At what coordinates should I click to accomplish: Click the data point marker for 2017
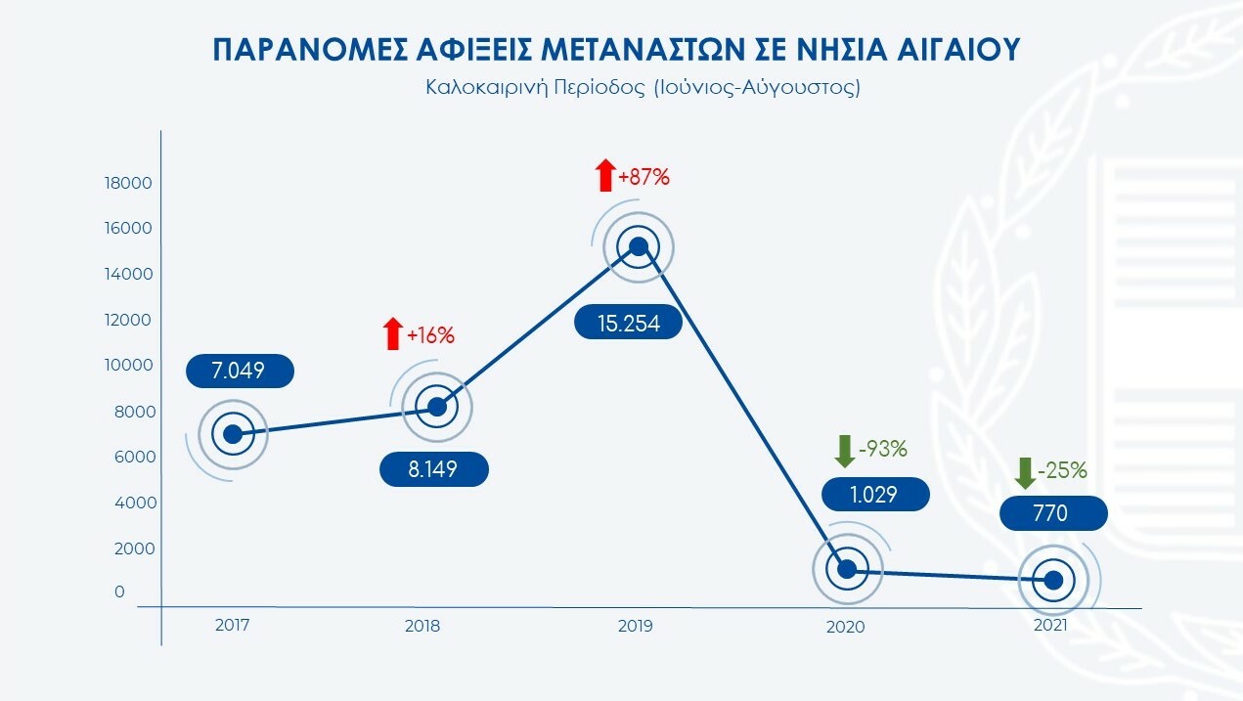tap(233, 434)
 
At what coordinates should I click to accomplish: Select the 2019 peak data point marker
tap(639, 246)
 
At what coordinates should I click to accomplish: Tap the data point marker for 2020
tap(847, 569)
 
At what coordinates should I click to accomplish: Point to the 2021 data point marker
tap(1054, 580)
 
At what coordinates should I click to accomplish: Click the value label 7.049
tap(239, 371)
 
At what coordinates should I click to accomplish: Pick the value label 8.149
tap(433, 470)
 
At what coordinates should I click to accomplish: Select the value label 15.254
tap(628, 322)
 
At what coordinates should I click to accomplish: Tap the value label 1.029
tap(875, 494)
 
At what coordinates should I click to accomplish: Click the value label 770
tap(1054, 513)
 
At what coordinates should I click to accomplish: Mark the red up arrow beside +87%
tap(605, 177)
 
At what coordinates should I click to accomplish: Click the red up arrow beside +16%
tap(392, 334)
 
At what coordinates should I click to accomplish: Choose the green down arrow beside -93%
tap(844, 451)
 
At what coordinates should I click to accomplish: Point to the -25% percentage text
tap(1063, 470)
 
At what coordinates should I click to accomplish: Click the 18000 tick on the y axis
tap(130, 183)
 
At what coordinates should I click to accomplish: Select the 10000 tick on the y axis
tap(130, 365)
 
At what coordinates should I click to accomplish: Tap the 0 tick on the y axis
tap(119, 591)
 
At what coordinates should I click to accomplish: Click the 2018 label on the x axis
tap(422, 626)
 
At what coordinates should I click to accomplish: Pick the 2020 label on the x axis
tap(846, 627)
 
